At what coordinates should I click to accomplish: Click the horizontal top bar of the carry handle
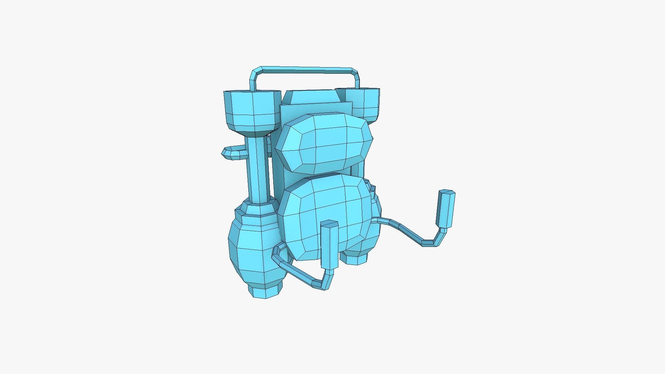point(305,70)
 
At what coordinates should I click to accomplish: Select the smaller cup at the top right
point(364,103)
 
